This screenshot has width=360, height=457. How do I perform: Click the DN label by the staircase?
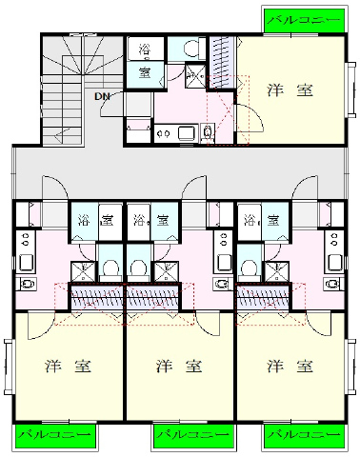[102, 96]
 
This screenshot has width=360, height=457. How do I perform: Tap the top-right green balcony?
[305, 20]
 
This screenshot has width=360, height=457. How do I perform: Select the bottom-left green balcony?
[55, 434]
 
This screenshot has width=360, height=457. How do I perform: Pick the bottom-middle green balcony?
[194, 434]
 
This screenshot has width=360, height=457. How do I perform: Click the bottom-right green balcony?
[305, 434]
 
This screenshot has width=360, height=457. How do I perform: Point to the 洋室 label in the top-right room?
[290, 90]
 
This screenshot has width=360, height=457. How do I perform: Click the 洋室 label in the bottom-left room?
[69, 366]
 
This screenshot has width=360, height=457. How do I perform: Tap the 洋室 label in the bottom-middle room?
[179, 366]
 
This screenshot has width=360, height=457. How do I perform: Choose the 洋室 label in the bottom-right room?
[290, 366]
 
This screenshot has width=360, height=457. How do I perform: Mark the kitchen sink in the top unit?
[188, 133]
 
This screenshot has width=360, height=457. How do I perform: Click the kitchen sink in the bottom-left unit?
[26, 262]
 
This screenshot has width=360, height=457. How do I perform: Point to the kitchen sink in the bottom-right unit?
[334, 262]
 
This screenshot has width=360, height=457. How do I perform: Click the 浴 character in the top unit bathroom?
[145, 50]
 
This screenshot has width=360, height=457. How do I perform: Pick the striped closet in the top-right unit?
[222, 62]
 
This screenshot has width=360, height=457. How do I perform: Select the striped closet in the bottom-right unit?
[263, 297]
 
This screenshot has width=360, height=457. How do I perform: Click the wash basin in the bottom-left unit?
[27, 283]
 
